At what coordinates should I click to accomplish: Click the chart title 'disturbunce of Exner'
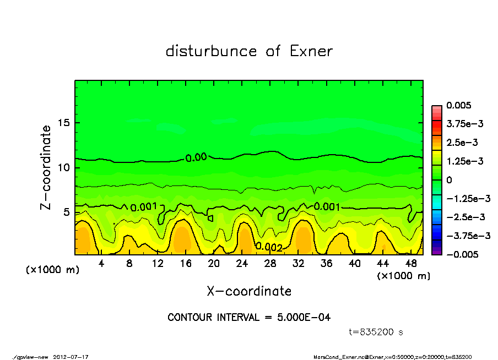[x=249, y=51]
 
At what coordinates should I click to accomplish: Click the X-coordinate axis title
[x=249, y=291]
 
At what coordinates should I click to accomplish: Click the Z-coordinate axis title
[x=46, y=167]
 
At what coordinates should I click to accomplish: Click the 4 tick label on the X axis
[x=101, y=264]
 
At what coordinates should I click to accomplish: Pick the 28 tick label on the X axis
[x=270, y=264]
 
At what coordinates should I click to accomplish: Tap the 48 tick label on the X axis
[x=411, y=264]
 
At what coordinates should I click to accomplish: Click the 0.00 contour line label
[x=196, y=157]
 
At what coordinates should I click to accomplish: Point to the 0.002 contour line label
[x=269, y=247]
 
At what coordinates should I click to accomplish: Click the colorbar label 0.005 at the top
[x=459, y=105]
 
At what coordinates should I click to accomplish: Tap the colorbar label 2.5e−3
[x=462, y=143]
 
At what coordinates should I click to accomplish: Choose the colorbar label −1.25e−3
[x=464, y=198]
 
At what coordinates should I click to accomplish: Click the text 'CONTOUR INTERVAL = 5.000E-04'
[x=249, y=318]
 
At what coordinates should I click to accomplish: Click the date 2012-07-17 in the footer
[x=71, y=357]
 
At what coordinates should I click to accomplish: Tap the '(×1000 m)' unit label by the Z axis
[x=52, y=270]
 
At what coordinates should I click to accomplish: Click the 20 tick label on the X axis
[x=214, y=264]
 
